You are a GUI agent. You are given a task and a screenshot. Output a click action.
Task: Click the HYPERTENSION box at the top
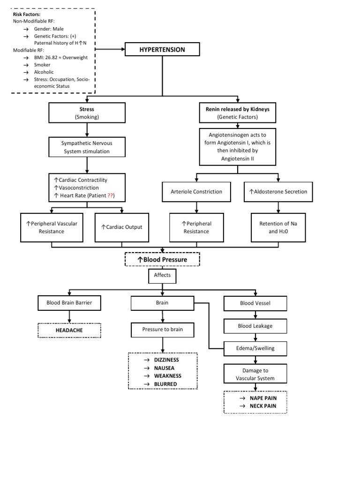click(x=162, y=49)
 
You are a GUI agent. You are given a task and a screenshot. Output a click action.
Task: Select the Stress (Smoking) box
click(x=87, y=113)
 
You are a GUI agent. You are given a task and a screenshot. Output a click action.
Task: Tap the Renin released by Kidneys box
click(x=238, y=113)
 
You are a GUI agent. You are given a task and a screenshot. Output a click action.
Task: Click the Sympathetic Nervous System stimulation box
click(x=87, y=147)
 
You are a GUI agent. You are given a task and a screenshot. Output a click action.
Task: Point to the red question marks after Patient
click(x=111, y=195)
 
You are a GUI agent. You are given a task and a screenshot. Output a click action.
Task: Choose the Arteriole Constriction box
click(x=195, y=191)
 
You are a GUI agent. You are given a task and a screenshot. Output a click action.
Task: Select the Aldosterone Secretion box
click(x=278, y=191)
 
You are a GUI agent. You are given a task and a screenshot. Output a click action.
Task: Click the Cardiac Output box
click(x=121, y=227)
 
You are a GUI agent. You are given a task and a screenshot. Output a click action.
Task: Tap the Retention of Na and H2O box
click(x=278, y=227)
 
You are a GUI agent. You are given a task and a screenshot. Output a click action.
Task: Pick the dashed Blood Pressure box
click(x=162, y=259)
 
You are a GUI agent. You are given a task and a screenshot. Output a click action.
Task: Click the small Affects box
click(x=162, y=276)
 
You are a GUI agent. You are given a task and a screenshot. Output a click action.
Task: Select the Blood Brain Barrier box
click(x=69, y=303)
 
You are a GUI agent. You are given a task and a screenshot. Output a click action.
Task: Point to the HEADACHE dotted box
click(x=69, y=330)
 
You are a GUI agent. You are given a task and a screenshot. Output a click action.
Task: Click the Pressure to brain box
click(x=162, y=330)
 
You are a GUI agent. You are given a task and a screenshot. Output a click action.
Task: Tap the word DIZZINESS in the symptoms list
click(x=166, y=360)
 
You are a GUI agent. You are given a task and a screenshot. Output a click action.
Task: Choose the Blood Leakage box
click(x=255, y=326)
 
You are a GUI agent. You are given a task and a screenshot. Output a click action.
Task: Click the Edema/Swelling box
click(x=255, y=348)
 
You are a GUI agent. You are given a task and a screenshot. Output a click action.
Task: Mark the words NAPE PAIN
click(x=263, y=397)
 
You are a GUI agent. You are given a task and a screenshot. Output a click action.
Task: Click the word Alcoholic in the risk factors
click(x=44, y=72)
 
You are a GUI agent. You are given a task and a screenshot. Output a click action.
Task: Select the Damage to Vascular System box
click(x=255, y=374)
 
